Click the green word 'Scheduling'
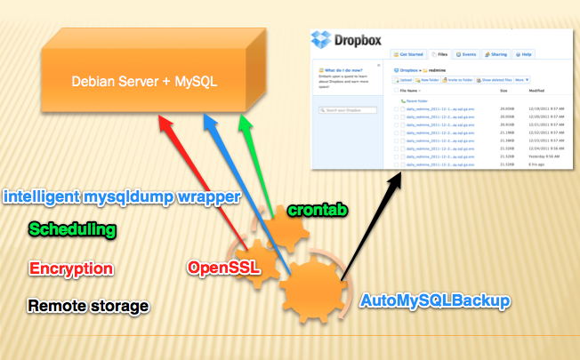pyautogui.click(x=72, y=229)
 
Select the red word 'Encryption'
pyautogui.click(x=70, y=268)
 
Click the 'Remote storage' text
pyautogui.click(x=87, y=306)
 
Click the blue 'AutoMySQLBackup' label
pyautogui.click(x=435, y=301)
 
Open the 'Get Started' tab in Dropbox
pyautogui.click(x=407, y=54)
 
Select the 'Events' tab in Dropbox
pyautogui.click(x=471, y=54)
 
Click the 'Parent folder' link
pyautogui.click(x=417, y=100)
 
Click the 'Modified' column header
pyautogui.click(x=536, y=90)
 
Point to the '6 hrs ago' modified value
pyautogui.click(x=536, y=164)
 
